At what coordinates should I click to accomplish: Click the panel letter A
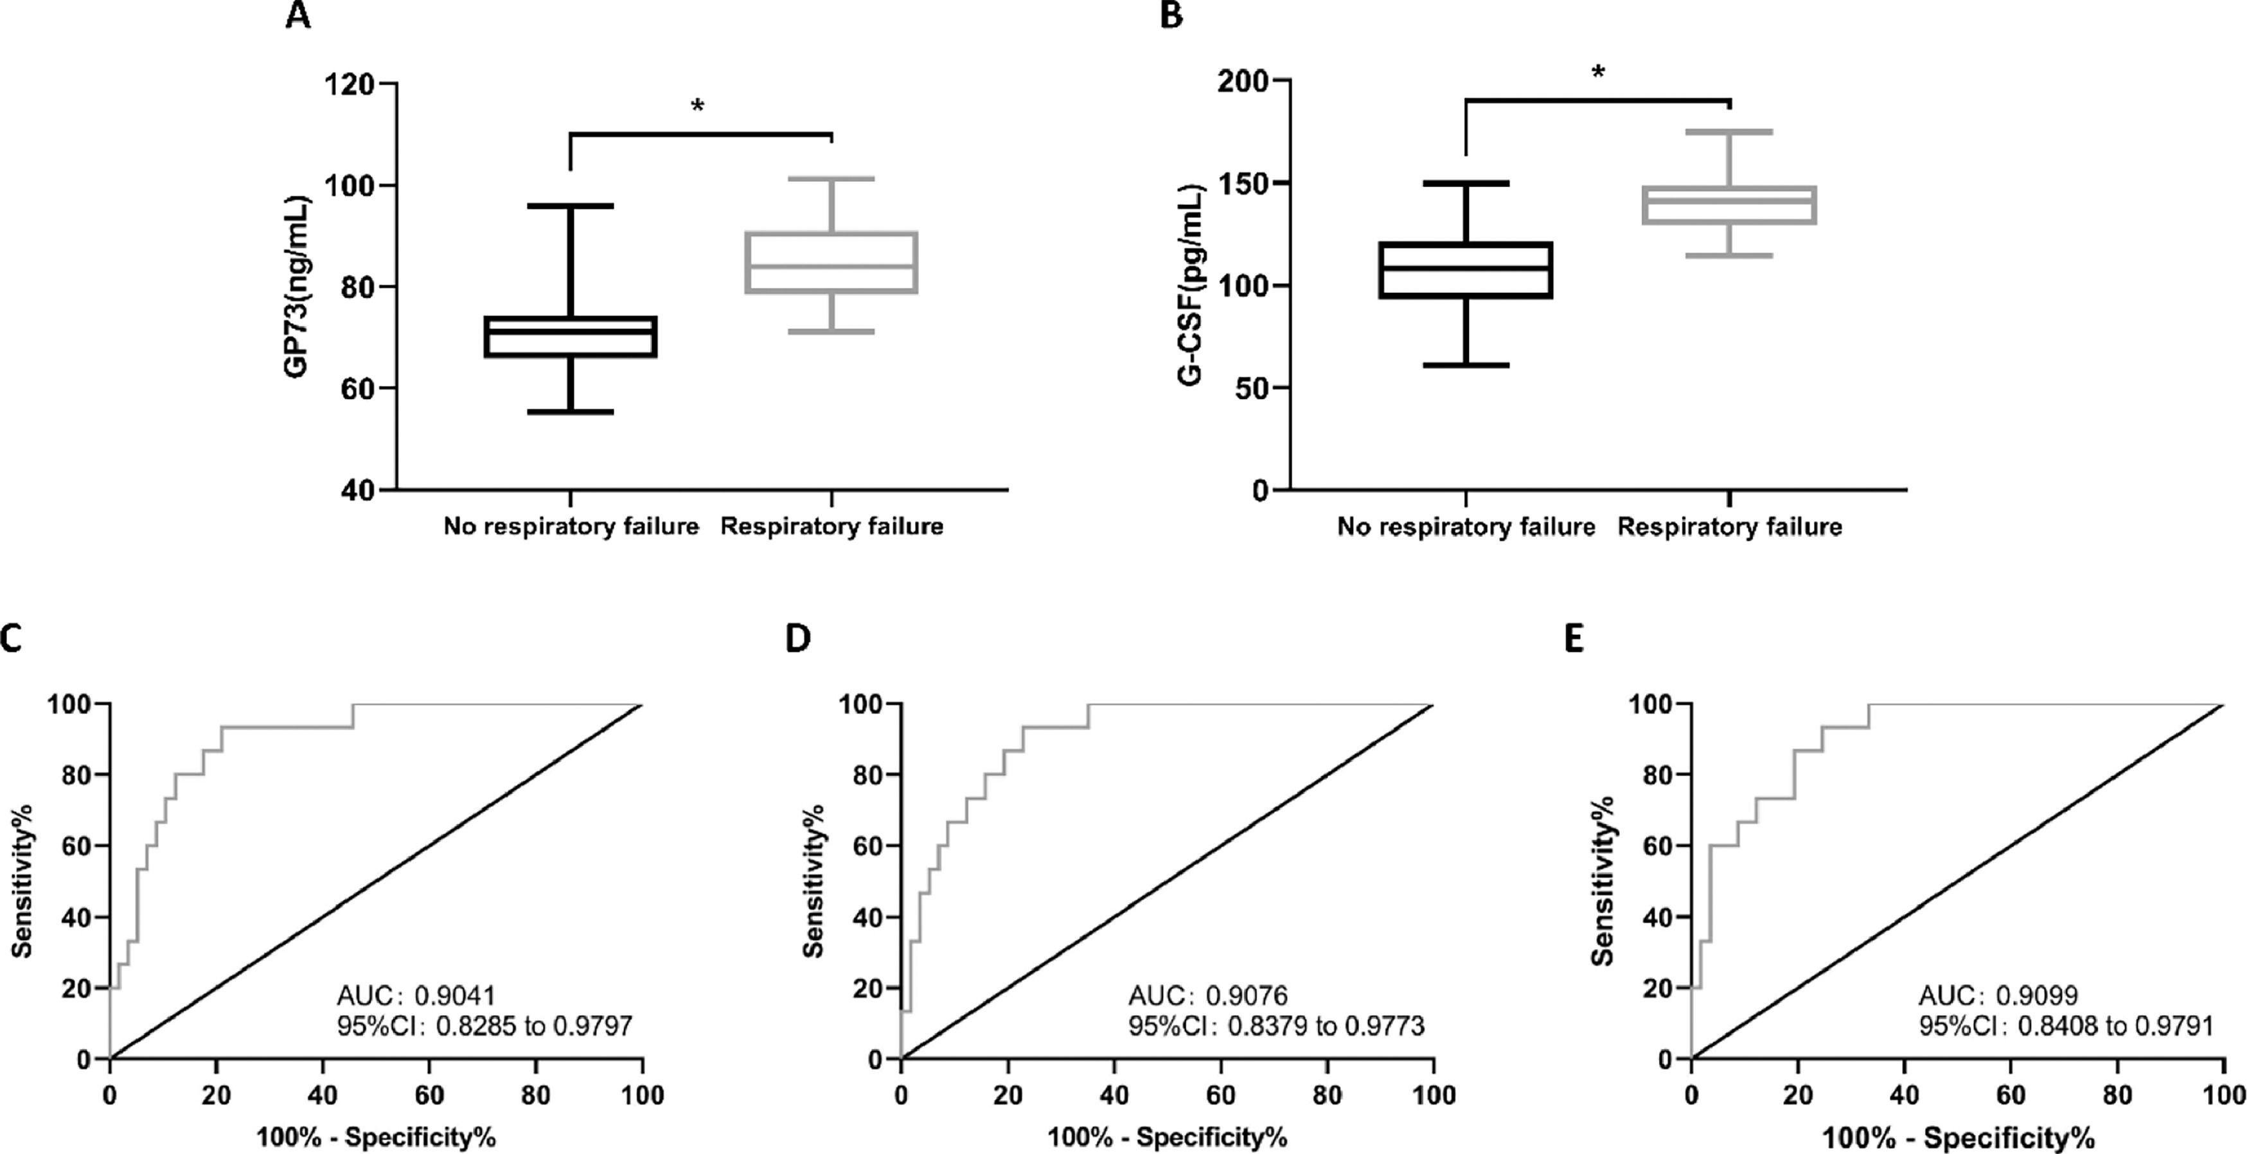[x=298, y=15]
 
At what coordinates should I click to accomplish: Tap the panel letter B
[x=1171, y=15]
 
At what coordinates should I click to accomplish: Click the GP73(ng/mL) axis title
[x=296, y=287]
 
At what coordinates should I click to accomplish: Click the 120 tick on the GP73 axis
[x=348, y=85]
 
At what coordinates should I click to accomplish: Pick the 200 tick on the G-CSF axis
[x=1243, y=80]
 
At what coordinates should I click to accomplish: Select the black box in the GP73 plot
[x=570, y=337]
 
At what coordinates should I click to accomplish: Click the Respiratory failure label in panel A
[x=831, y=526]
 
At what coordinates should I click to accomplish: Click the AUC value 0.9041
[x=454, y=995]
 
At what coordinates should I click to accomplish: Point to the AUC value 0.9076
[x=1246, y=995]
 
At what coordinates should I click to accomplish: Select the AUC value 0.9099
[x=2037, y=995]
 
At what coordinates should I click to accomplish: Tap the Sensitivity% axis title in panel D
[x=813, y=882]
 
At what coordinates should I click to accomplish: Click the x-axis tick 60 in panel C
[x=429, y=1095]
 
